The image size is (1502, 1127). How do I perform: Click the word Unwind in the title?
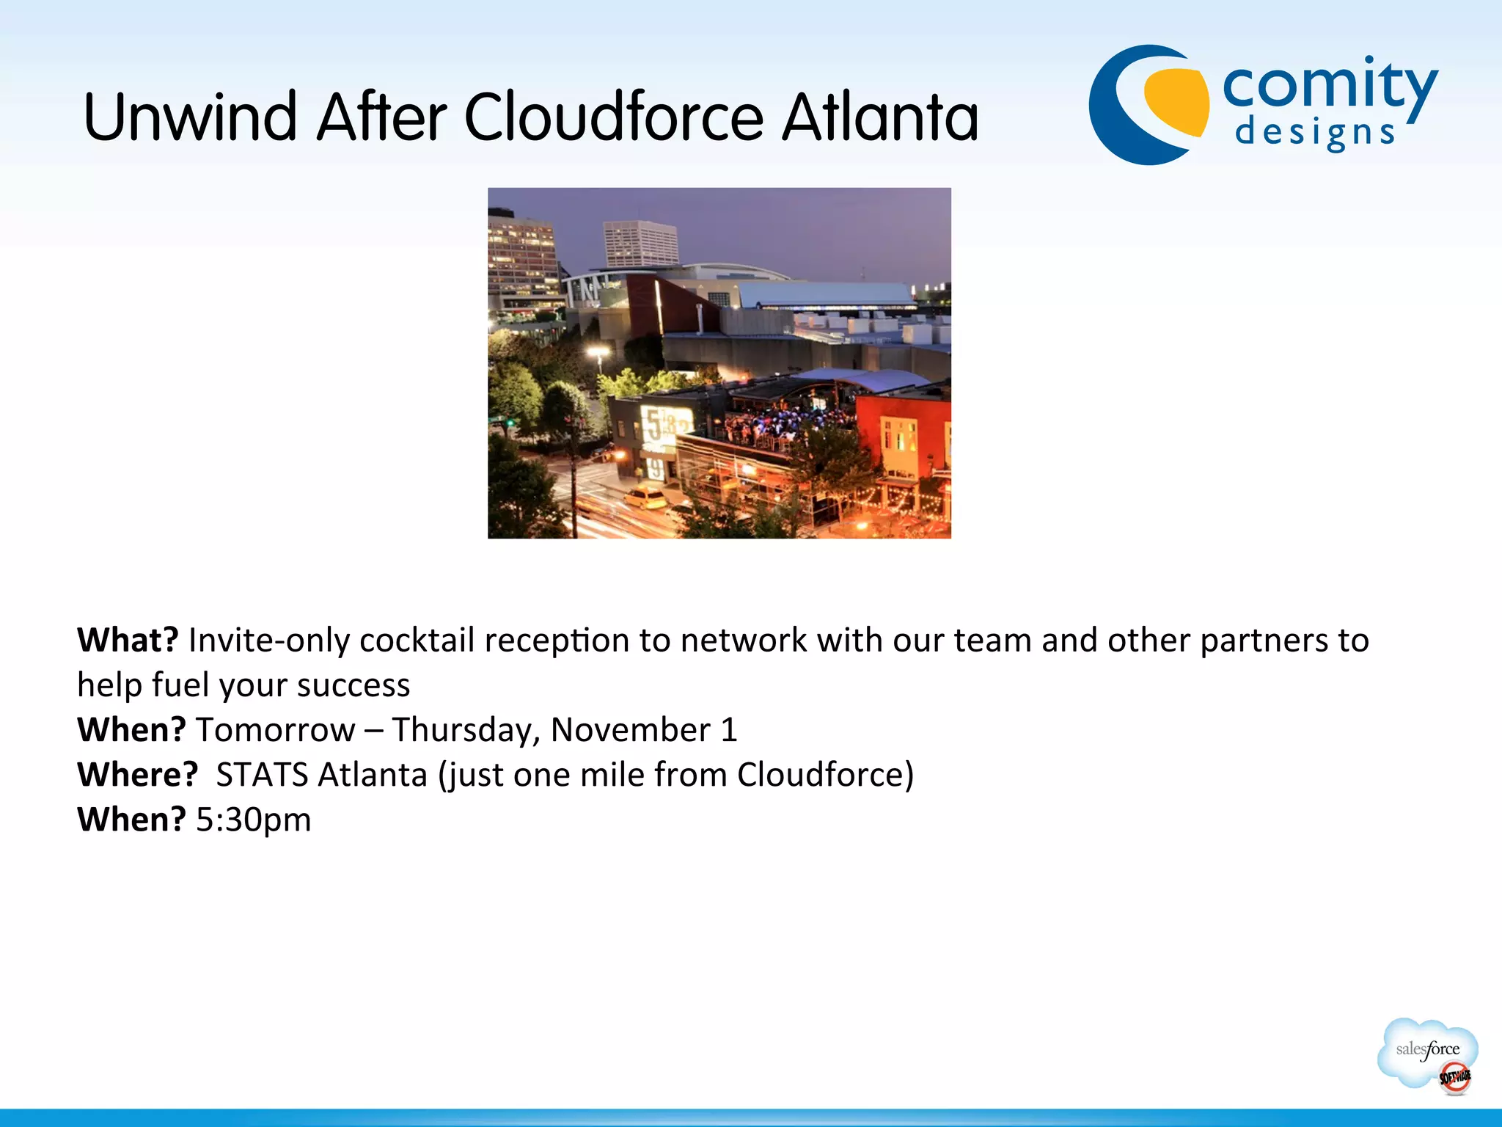pos(191,117)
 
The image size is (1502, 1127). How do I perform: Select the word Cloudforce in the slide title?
pos(615,117)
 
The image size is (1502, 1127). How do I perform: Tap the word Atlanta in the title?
pos(880,117)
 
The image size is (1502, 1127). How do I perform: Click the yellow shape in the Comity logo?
pos(1178,103)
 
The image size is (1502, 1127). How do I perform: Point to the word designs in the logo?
pos(1314,134)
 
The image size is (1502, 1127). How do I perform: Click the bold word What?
pos(128,640)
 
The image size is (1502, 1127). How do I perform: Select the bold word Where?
pos(137,774)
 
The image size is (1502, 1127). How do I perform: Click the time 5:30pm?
pos(253,820)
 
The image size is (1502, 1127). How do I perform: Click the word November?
pos(630,730)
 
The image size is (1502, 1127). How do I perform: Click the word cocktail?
pos(417,640)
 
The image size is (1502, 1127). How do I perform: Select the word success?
pos(353,685)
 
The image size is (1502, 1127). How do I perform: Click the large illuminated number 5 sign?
pos(653,426)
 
